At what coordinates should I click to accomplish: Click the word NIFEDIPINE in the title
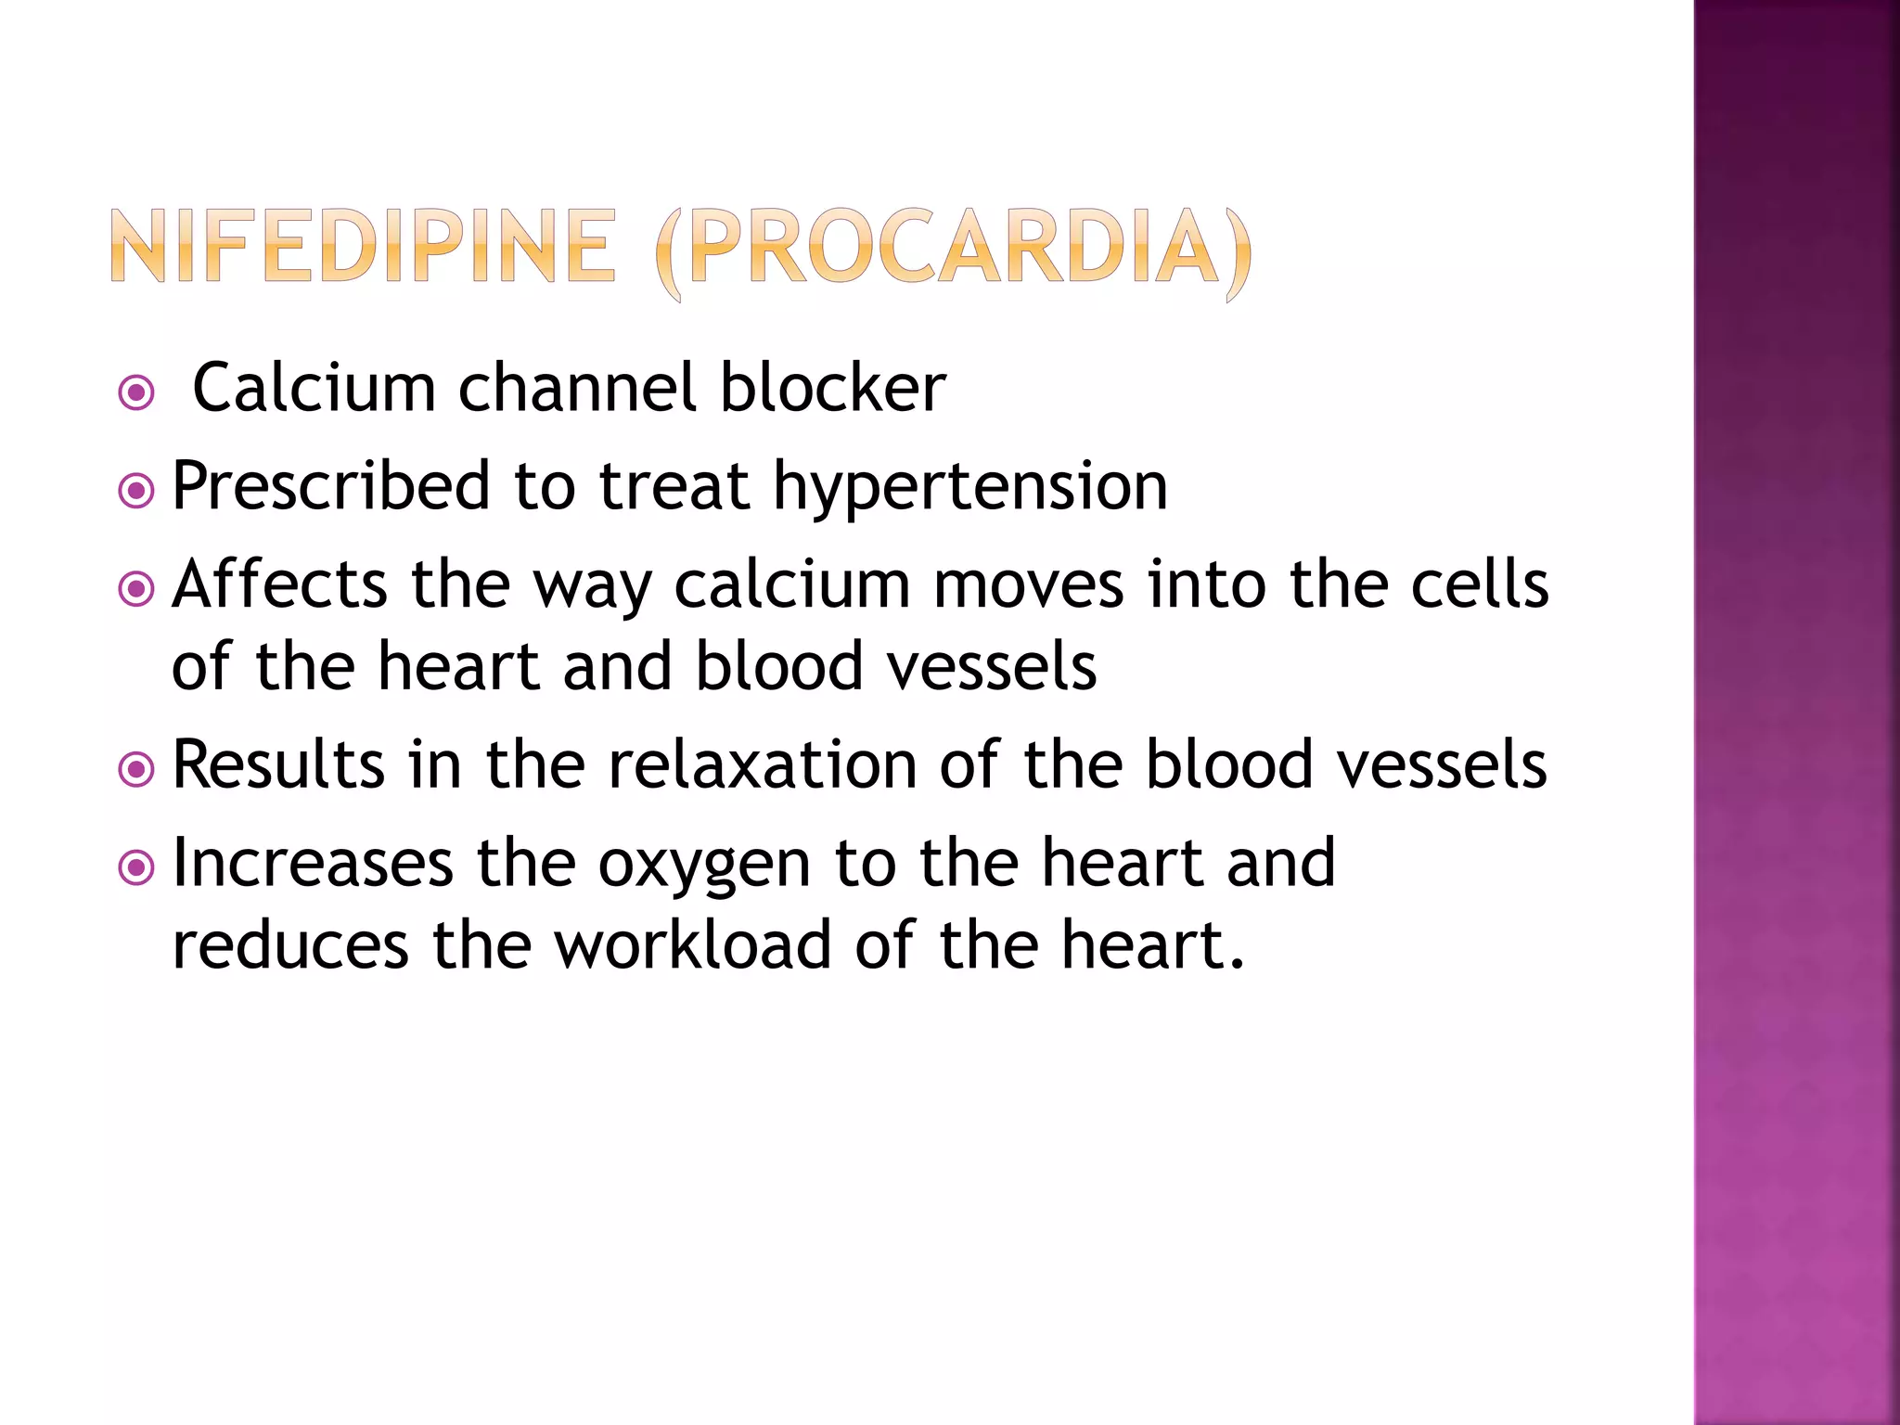click(x=363, y=246)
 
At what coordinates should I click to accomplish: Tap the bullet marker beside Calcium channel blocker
click(x=137, y=393)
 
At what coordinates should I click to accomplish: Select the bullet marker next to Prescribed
click(x=137, y=492)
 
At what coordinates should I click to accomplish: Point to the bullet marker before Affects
click(x=137, y=589)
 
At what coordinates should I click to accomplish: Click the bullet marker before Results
click(x=137, y=769)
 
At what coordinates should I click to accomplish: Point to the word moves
click(x=1029, y=585)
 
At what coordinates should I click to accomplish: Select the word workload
click(x=693, y=945)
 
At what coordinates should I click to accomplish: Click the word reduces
click(x=290, y=946)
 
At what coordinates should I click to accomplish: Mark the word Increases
click(x=313, y=863)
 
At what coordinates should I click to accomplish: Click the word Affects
click(x=279, y=584)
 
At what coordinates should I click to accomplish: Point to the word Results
click(x=278, y=765)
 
